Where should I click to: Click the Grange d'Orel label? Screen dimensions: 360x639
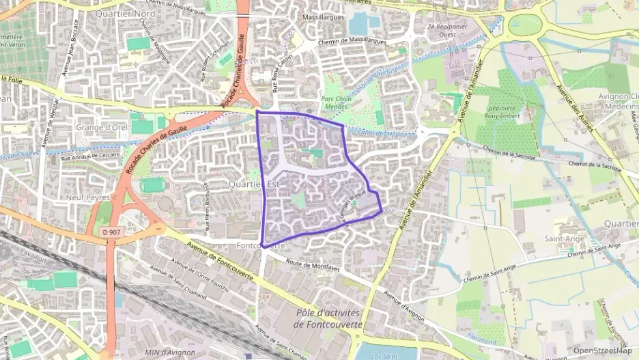102,127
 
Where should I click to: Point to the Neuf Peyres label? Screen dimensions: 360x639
89,197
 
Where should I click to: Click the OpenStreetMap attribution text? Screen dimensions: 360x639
603,350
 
